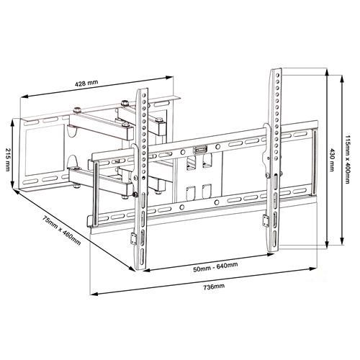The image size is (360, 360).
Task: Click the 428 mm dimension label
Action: tap(87, 84)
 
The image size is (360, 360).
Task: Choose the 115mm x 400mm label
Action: tap(348, 160)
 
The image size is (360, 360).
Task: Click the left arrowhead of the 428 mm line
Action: tap(20, 99)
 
